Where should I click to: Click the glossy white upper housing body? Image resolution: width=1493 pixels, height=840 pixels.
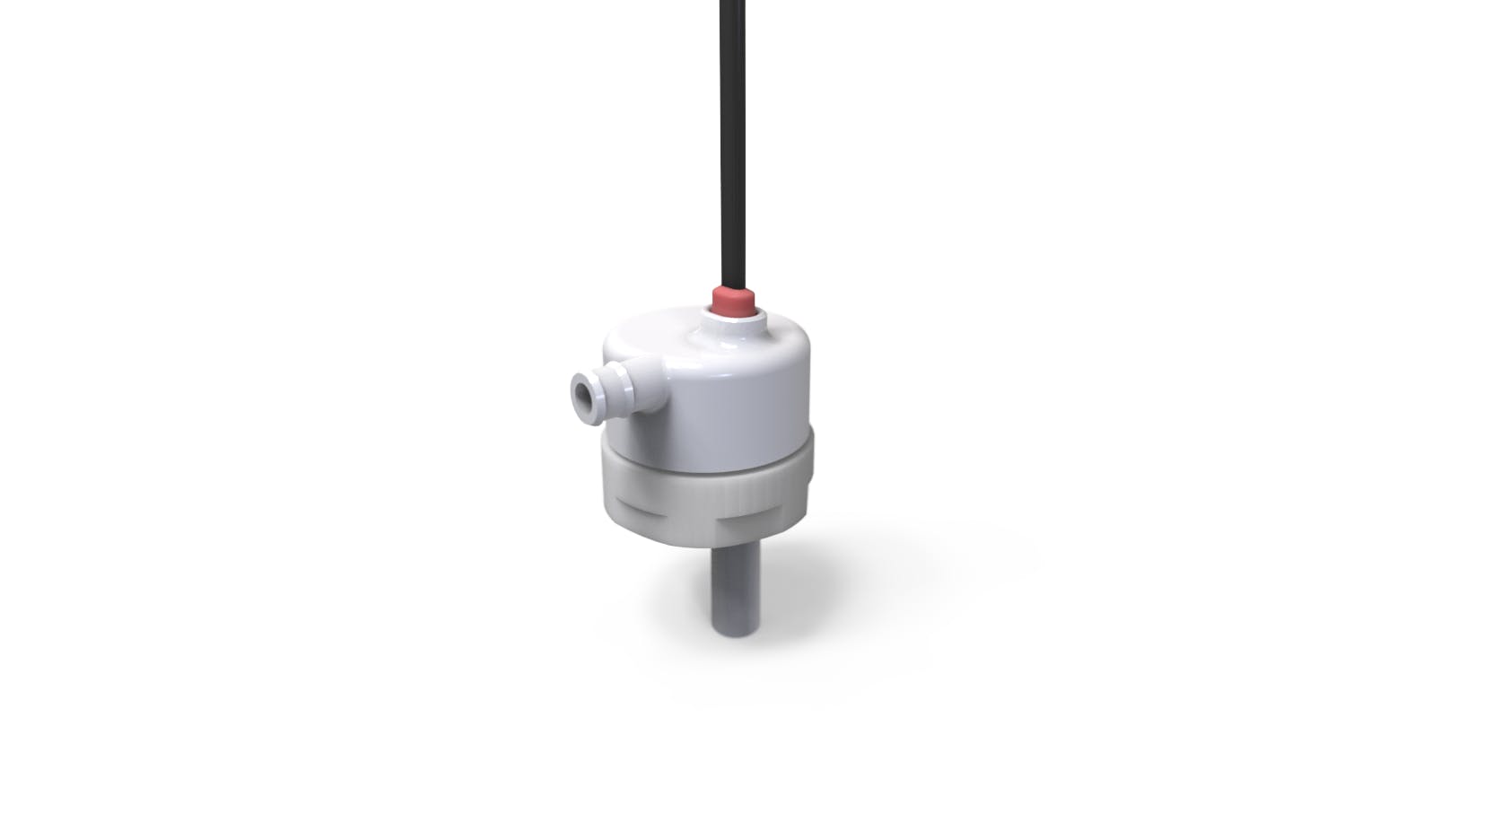tap(736, 386)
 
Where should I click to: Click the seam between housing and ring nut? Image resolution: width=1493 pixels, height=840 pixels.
tap(709, 447)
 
